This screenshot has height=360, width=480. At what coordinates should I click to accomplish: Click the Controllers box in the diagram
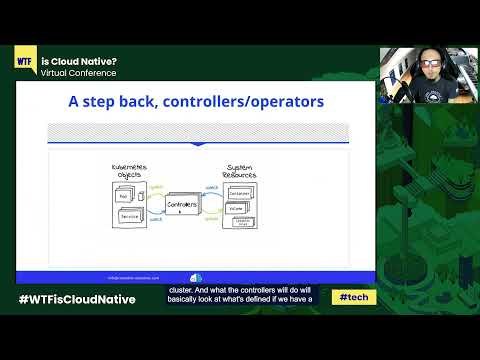coord(180,204)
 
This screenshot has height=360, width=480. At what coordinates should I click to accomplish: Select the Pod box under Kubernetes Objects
coord(126,199)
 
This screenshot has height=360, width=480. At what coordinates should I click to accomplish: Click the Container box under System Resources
coord(241,194)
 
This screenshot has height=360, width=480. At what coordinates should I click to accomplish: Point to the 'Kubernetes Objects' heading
coord(128,172)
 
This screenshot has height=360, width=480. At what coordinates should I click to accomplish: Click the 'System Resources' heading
coord(240,172)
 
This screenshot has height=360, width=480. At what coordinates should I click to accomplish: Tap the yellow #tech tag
coord(351,298)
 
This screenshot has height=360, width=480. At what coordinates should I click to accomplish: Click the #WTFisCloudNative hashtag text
coord(78,299)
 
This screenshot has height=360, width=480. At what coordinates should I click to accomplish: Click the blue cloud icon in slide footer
coord(196,278)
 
